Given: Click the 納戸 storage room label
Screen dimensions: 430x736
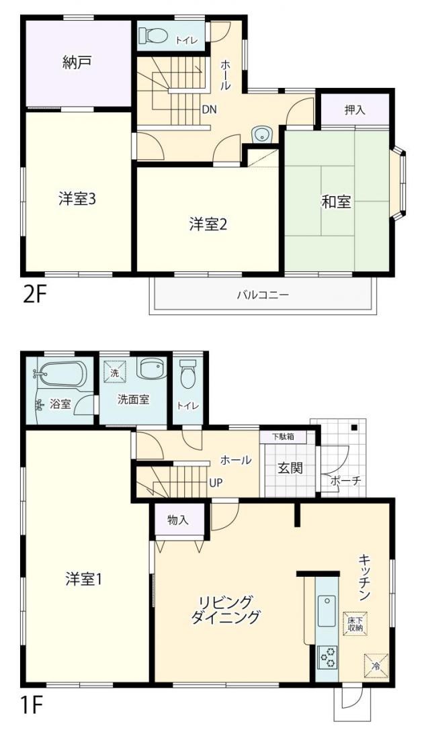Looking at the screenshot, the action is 77,62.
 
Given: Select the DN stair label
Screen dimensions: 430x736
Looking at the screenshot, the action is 209,110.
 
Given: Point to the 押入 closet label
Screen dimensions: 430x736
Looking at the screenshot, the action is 355,110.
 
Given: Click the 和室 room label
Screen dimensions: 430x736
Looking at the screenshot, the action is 336,202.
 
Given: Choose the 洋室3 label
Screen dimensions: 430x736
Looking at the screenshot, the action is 77,199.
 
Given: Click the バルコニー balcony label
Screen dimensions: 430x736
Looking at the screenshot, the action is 263,295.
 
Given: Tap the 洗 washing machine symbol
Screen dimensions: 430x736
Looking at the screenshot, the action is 115,373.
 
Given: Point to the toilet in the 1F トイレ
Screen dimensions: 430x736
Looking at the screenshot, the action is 187,375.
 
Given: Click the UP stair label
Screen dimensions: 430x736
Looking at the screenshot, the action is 216,482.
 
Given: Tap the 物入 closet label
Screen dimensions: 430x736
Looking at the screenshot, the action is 178,520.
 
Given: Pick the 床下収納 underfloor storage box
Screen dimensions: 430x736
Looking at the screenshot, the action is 355,623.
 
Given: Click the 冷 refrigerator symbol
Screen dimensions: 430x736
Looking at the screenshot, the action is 376,665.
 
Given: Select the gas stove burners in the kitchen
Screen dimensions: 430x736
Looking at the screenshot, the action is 327,657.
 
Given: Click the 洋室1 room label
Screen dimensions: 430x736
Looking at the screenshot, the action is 84,580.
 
